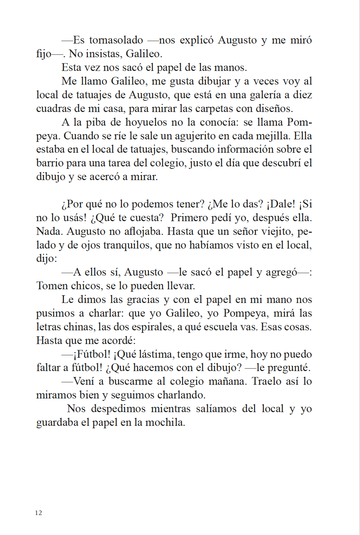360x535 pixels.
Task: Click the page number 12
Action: click(38, 513)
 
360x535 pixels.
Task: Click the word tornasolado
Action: click(116, 40)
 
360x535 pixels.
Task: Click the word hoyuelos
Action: click(146, 122)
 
